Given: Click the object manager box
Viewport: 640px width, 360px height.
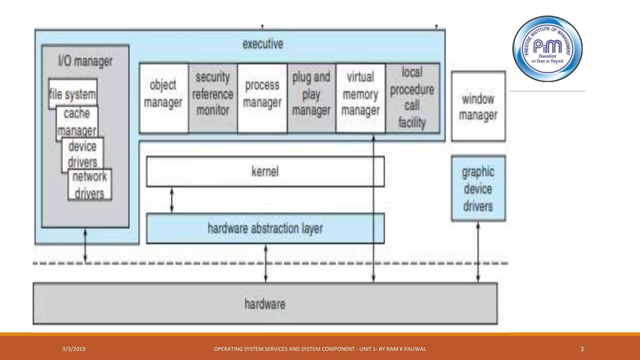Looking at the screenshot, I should coord(163,98).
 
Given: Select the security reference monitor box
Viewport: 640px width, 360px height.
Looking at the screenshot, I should coord(213,98).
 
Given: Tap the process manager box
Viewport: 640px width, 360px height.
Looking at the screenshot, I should coord(262,98).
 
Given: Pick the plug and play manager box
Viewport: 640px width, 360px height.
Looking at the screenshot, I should coord(311,98).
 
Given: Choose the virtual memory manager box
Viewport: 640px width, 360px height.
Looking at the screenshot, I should coord(360,98).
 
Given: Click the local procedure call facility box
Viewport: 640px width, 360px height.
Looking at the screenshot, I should coord(412,98).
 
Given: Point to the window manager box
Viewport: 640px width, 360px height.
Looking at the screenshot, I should coord(478,107).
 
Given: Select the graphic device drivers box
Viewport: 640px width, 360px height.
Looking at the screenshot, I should coord(478,188).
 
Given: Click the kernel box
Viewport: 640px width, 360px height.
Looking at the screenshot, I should coord(265,172).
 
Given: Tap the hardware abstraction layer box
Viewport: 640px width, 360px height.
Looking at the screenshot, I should coord(265,228).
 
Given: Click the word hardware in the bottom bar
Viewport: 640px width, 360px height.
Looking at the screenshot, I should coord(265,304).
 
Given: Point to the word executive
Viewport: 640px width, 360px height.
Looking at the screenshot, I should coord(263,44).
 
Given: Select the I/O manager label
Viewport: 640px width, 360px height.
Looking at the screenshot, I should coord(85,61).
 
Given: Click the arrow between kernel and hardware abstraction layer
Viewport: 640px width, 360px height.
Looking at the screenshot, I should coord(172,200).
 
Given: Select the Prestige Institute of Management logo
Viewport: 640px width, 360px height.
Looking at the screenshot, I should coord(547,49).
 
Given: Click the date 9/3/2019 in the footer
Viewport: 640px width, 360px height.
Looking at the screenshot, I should coord(74,349).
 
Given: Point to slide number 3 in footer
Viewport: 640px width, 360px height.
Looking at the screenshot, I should coord(582,349).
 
